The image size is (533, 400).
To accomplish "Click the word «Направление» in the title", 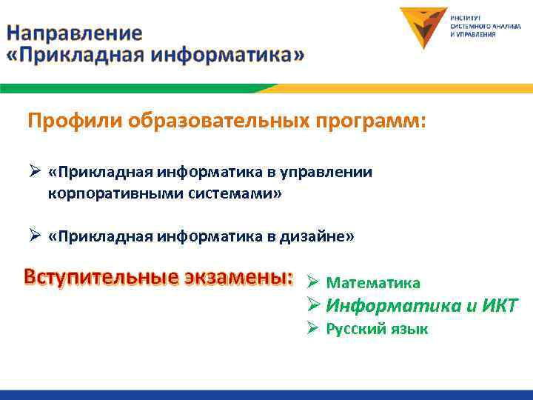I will pyautogui.click(x=74, y=33).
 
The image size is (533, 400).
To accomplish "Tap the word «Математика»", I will pyautogui.click(x=373, y=283).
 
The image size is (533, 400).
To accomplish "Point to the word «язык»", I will pyautogui.click(x=409, y=329).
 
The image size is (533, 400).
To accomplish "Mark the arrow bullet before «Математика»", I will pyautogui.click(x=312, y=283).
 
